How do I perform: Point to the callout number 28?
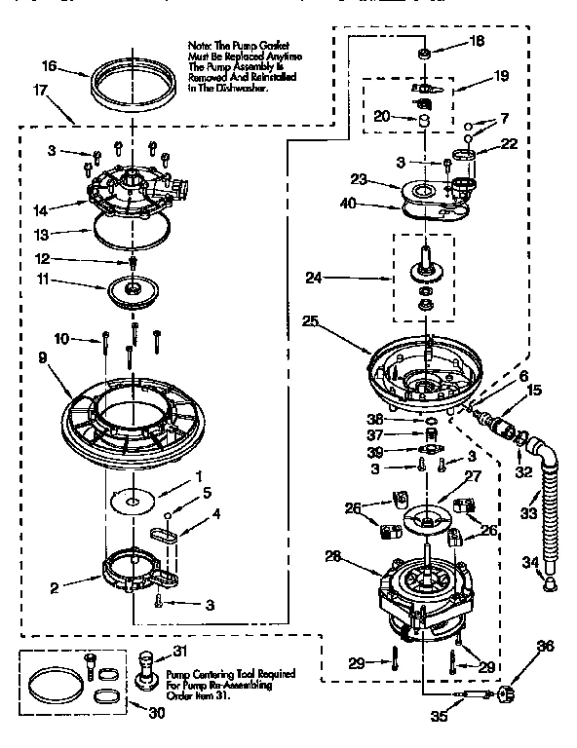pos(333,558)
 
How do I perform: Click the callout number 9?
pos(43,357)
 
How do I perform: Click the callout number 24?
pos(314,277)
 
